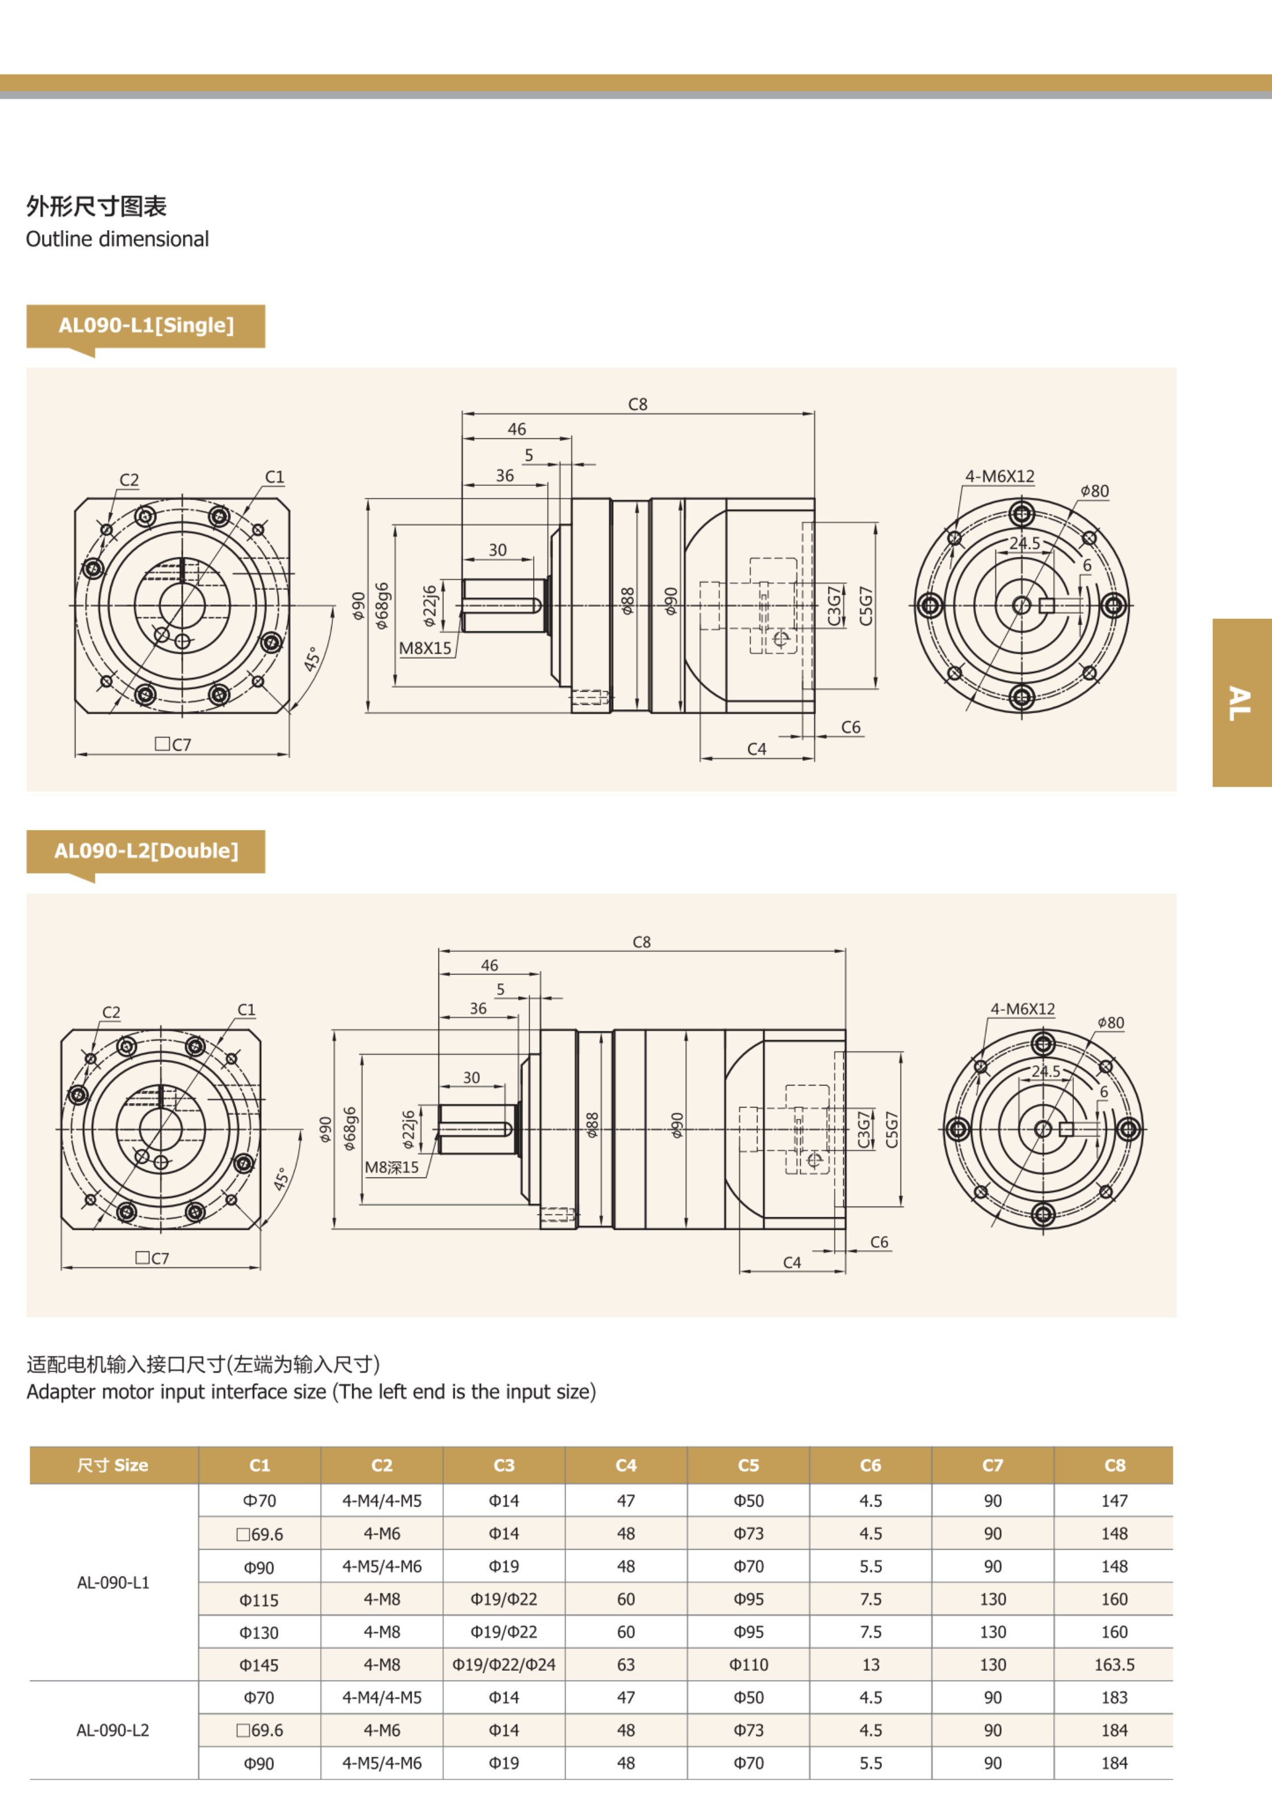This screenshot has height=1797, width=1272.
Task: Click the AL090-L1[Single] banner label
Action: (x=146, y=325)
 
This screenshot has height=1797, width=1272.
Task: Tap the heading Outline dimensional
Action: (x=118, y=239)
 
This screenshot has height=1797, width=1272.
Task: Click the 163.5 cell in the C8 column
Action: (x=1114, y=1664)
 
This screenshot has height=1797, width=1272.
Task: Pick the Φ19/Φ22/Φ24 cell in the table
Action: (x=504, y=1664)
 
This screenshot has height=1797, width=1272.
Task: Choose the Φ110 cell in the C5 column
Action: (x=748, y=1664)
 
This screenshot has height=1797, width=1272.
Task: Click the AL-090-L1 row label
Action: (x=113, y=1582)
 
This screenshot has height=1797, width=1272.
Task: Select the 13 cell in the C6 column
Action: (x=870, y=1664)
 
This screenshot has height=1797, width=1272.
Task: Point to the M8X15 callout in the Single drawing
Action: (x=425, y=648)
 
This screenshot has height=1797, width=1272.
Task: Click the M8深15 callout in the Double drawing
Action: (x=392, y=1167)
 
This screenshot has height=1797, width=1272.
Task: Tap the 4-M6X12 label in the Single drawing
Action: (x=999, y=476)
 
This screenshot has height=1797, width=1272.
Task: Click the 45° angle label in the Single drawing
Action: (x=312, y=659)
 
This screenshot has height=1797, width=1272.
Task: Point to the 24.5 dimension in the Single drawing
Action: (x=1024, y=543)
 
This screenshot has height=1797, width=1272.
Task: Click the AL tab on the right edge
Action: (x=1241, y=703)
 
